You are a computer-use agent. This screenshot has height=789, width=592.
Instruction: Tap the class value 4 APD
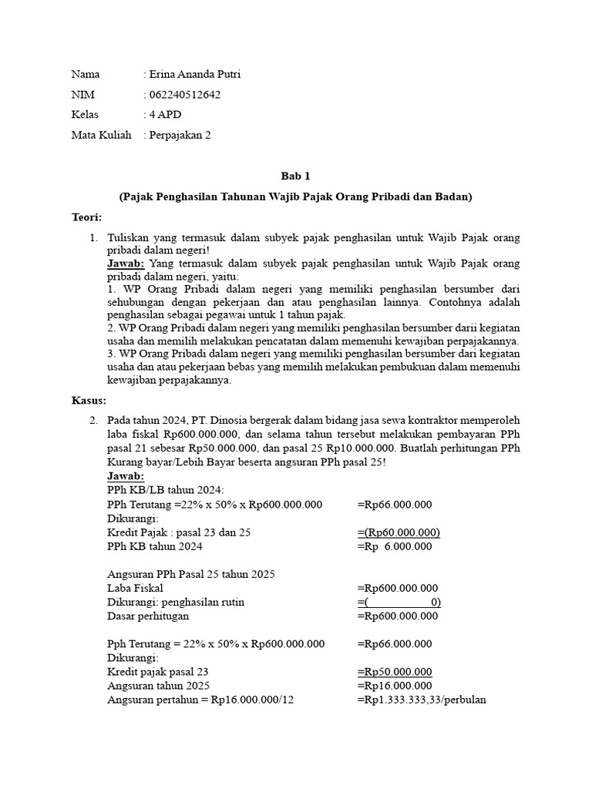[166, 115]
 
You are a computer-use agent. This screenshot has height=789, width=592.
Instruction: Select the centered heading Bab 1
[295, 176]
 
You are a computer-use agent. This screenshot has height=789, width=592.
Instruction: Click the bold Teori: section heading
[86, 218]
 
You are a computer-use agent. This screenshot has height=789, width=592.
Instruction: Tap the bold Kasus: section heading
[89, 401]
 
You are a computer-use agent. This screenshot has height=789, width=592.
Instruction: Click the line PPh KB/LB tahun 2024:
[165, 490]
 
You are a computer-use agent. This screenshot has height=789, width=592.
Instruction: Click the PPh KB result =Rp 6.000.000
[395, 546]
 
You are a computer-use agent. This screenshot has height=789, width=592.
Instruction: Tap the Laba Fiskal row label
[135, 588]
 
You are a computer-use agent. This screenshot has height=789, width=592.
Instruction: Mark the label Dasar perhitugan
[148, 616]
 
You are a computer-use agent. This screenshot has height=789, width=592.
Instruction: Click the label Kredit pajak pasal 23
[158, 671]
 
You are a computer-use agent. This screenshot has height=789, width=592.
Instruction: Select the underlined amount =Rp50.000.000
[395, 671]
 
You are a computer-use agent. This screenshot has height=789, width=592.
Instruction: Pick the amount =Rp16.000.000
[395, 685]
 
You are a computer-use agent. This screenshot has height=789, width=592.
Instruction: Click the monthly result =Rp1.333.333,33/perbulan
[422, 699]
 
